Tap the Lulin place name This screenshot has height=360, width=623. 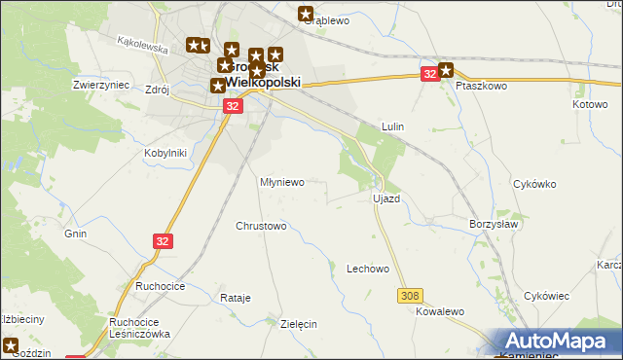[393, 127]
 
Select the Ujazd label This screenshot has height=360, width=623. [386, 198]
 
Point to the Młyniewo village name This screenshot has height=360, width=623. [282, 182]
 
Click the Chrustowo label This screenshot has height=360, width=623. [261, 227]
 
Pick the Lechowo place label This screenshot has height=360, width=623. [368, 269]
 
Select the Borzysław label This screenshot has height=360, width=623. [494, 223]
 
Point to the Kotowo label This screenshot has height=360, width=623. [590, 104]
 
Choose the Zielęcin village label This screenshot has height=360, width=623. [299, 325]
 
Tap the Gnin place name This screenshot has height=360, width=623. [76, 234]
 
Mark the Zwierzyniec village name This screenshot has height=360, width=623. [101, 85]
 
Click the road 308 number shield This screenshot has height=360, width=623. [410, 294]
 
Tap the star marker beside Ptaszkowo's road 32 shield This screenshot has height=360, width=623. [446, 69]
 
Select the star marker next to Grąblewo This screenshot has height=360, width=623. [306, 14]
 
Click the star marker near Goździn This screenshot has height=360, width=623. [11, 344]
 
